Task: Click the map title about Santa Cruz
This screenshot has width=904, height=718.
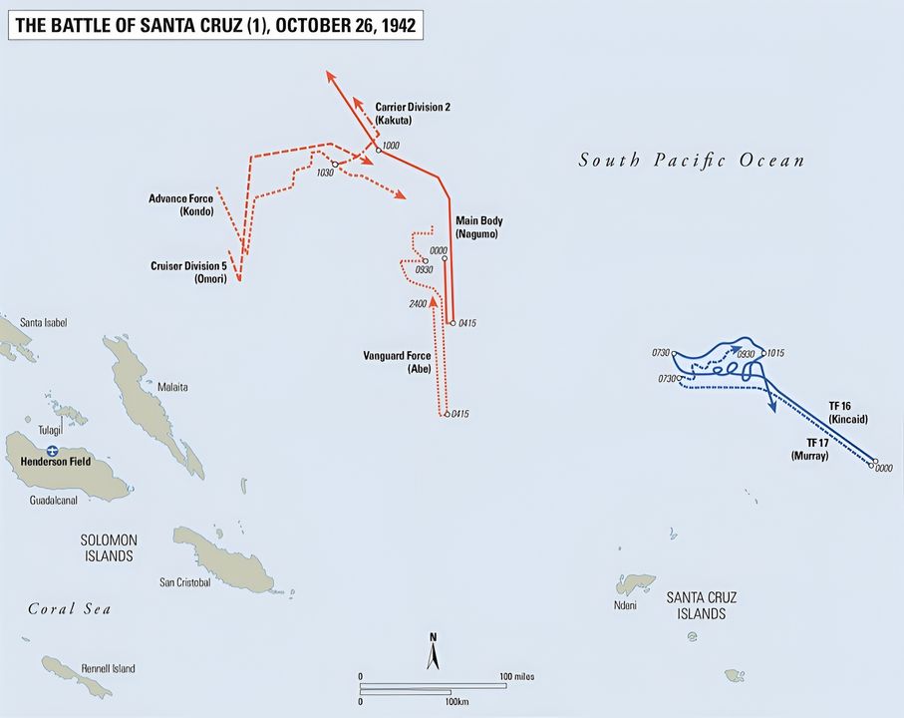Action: click(x=215, y=24)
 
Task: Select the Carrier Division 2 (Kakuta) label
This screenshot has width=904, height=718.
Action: click(x=413, y=113)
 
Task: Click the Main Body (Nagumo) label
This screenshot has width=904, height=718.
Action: click(x=479, y=226)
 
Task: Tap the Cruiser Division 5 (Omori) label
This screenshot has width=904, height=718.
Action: click(x=189, y=272)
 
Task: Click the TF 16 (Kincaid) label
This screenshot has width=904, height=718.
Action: click(x=848, y=413)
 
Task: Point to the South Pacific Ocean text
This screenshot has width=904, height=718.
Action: click(x=691, y=161)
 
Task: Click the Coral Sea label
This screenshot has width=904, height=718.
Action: click(x=69, y=608)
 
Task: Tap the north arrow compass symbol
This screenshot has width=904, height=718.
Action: click(x=433, y=652)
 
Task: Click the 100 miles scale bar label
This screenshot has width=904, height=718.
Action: click(x=516, y=676)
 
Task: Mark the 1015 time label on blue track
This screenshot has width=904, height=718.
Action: click(x=777, y=353)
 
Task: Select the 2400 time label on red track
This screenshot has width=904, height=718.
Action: click(x=418, y=303)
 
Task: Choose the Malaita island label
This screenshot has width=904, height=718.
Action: click(x=171, y=386)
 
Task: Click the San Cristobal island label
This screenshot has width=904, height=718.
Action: click(x=185, y=582)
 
